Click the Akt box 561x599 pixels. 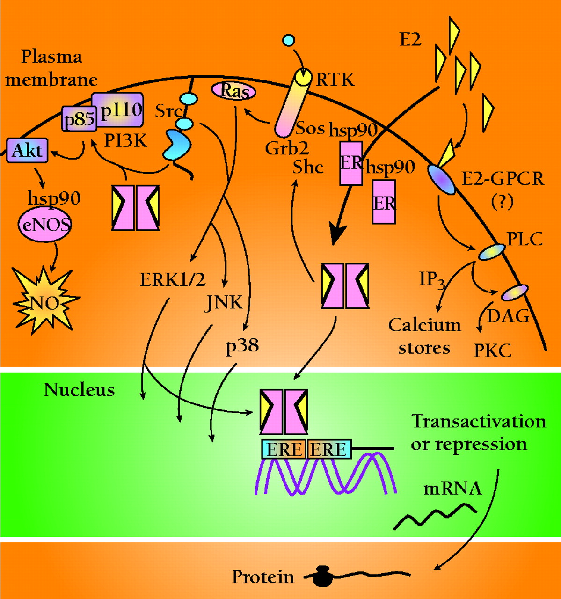(x=27, y=151)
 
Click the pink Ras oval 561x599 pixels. (x=234, y=91)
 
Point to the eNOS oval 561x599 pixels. (x=45, y=225)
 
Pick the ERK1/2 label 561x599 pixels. (x=172, y=279)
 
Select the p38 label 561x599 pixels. (x=242, y=346)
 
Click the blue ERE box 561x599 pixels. (x=284, y=449)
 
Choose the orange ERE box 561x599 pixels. (x=328, y=449)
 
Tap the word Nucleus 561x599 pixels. (x=79, y=389)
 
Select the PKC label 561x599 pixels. (x=492, y=350)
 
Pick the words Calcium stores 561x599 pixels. (x=424, y=336)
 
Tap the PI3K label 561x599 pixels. (x=125, y=140)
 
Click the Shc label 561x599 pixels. (x=308, y=167)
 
